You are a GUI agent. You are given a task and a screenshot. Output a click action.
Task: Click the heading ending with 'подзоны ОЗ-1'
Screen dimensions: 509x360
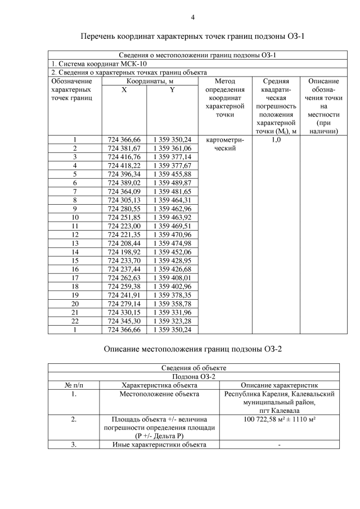coord(193,37)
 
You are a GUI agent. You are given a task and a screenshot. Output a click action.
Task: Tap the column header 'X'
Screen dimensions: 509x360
coord(124,90)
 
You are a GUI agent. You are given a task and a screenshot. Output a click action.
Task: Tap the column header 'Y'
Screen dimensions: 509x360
coord(172,90)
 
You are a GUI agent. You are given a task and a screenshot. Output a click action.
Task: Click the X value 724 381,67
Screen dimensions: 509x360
coord(124,148)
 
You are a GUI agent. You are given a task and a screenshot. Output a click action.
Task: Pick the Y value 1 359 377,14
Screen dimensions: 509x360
coord(172,157)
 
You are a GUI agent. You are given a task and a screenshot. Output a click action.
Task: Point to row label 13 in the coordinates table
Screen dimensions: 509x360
coord(75,243)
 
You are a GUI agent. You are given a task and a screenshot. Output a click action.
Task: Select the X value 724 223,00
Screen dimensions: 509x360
coord(124,226)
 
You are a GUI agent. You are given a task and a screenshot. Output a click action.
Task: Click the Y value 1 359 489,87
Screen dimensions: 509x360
coord(172,183)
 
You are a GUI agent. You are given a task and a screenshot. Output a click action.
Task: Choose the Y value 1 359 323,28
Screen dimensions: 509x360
coord(172,321)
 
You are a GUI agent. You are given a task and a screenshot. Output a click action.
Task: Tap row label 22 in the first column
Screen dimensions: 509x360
coord(75,321)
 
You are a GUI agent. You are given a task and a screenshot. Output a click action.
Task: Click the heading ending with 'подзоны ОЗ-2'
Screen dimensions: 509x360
coord(193,349)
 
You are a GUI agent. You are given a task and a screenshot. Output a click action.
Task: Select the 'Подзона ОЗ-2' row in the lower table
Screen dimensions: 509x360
coord(193,376)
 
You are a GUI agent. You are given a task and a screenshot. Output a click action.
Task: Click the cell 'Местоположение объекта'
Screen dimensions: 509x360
coord(159,394)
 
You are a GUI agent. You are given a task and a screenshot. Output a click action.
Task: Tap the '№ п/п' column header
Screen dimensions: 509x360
coord(74,385)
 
